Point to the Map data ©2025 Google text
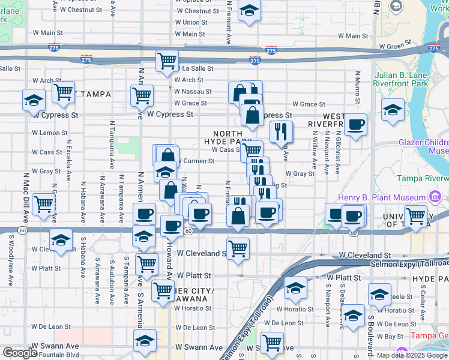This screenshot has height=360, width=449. pyautogui.click(x=412, y=355)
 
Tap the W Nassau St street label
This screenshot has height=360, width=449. pyautogui.click(x=192, y=92)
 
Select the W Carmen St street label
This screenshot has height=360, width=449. pyautogui.click(x=196, y=161)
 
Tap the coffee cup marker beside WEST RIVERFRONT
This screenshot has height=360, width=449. pyautogui.click(x=356, y=125)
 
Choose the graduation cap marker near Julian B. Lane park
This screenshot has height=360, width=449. pyautogui.click(x=393, y=110)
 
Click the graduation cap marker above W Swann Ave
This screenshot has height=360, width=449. pyautogui.click(x=144, y=341)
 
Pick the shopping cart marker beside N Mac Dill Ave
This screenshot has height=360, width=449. pyautogui.click(x=43, y=205)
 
